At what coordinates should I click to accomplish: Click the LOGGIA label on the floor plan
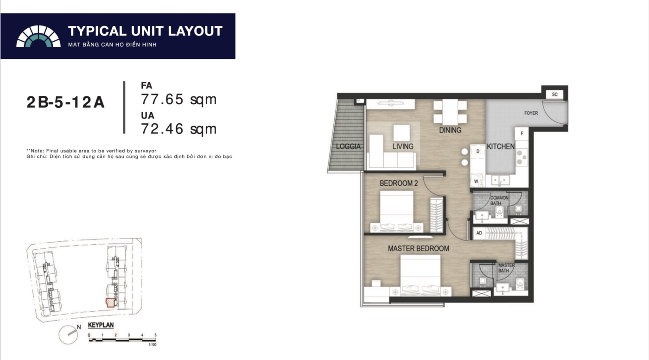(x=348, y=146)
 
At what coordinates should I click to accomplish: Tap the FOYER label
(x=531, y=113)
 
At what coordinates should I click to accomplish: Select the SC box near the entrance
(x=554, y=95)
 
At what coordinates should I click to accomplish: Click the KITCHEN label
(x=501, y=146)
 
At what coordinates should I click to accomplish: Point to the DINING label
(x=450, y=130)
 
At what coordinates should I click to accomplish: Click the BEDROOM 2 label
(x=399, y=183)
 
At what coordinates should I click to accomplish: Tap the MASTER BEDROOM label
(x=418, y=248)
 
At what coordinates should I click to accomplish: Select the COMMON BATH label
(x=499, y=201)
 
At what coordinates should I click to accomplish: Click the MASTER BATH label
(x=506, y=268)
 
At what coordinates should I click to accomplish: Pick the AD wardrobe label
(x=479, y=233)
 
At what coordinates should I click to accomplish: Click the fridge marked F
(x=522, y=134)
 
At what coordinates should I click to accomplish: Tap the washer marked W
(x=476, y=181)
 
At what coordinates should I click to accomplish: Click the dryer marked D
(x=478, y=151)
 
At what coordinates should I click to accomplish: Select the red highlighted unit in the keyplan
(x=110, y=303)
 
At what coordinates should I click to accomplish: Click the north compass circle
(x=69, y=335)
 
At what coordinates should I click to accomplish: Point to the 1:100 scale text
(x=153, y=345)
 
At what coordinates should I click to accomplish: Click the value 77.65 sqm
(x=179, y=99)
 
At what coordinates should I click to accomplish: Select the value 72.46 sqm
(x=179, y=129)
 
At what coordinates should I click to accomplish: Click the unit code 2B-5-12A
(x=65, y=102)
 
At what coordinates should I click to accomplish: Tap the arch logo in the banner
(x=38, y=36)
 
